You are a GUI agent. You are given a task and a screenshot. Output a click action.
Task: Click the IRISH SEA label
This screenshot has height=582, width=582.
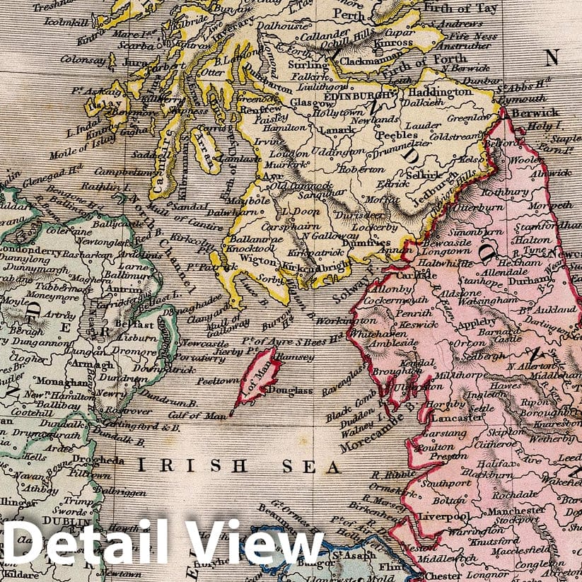[238, 467]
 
